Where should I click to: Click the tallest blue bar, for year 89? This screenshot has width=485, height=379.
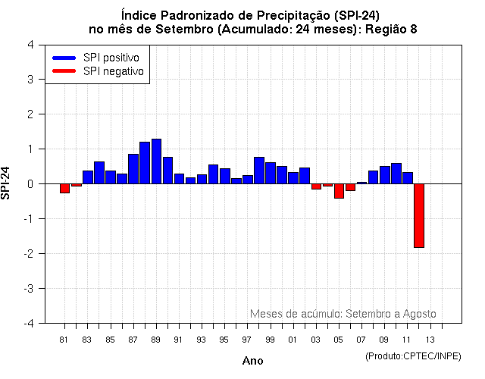click(156, 161)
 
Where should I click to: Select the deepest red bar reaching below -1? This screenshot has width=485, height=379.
click(418, 215)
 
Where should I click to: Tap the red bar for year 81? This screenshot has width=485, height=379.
click(64, 188)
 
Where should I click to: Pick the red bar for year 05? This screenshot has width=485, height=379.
click(339, 190)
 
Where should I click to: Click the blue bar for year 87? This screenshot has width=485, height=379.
click(133, 168)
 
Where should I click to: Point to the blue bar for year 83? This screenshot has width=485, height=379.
click(88, 177)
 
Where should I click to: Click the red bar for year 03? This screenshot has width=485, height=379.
click(316, 186)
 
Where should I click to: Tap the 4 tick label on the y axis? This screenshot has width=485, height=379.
click(30, 44)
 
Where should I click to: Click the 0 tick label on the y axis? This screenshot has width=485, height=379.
click(30, 183)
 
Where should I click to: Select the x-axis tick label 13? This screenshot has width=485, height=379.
click(430, 339)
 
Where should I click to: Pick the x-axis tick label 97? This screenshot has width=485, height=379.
click(247, 339)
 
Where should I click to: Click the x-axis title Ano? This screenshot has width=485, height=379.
click(252, 361)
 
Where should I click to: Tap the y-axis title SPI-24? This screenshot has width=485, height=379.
click(7, 183)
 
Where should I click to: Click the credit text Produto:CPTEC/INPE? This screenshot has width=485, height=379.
click(413, 356)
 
